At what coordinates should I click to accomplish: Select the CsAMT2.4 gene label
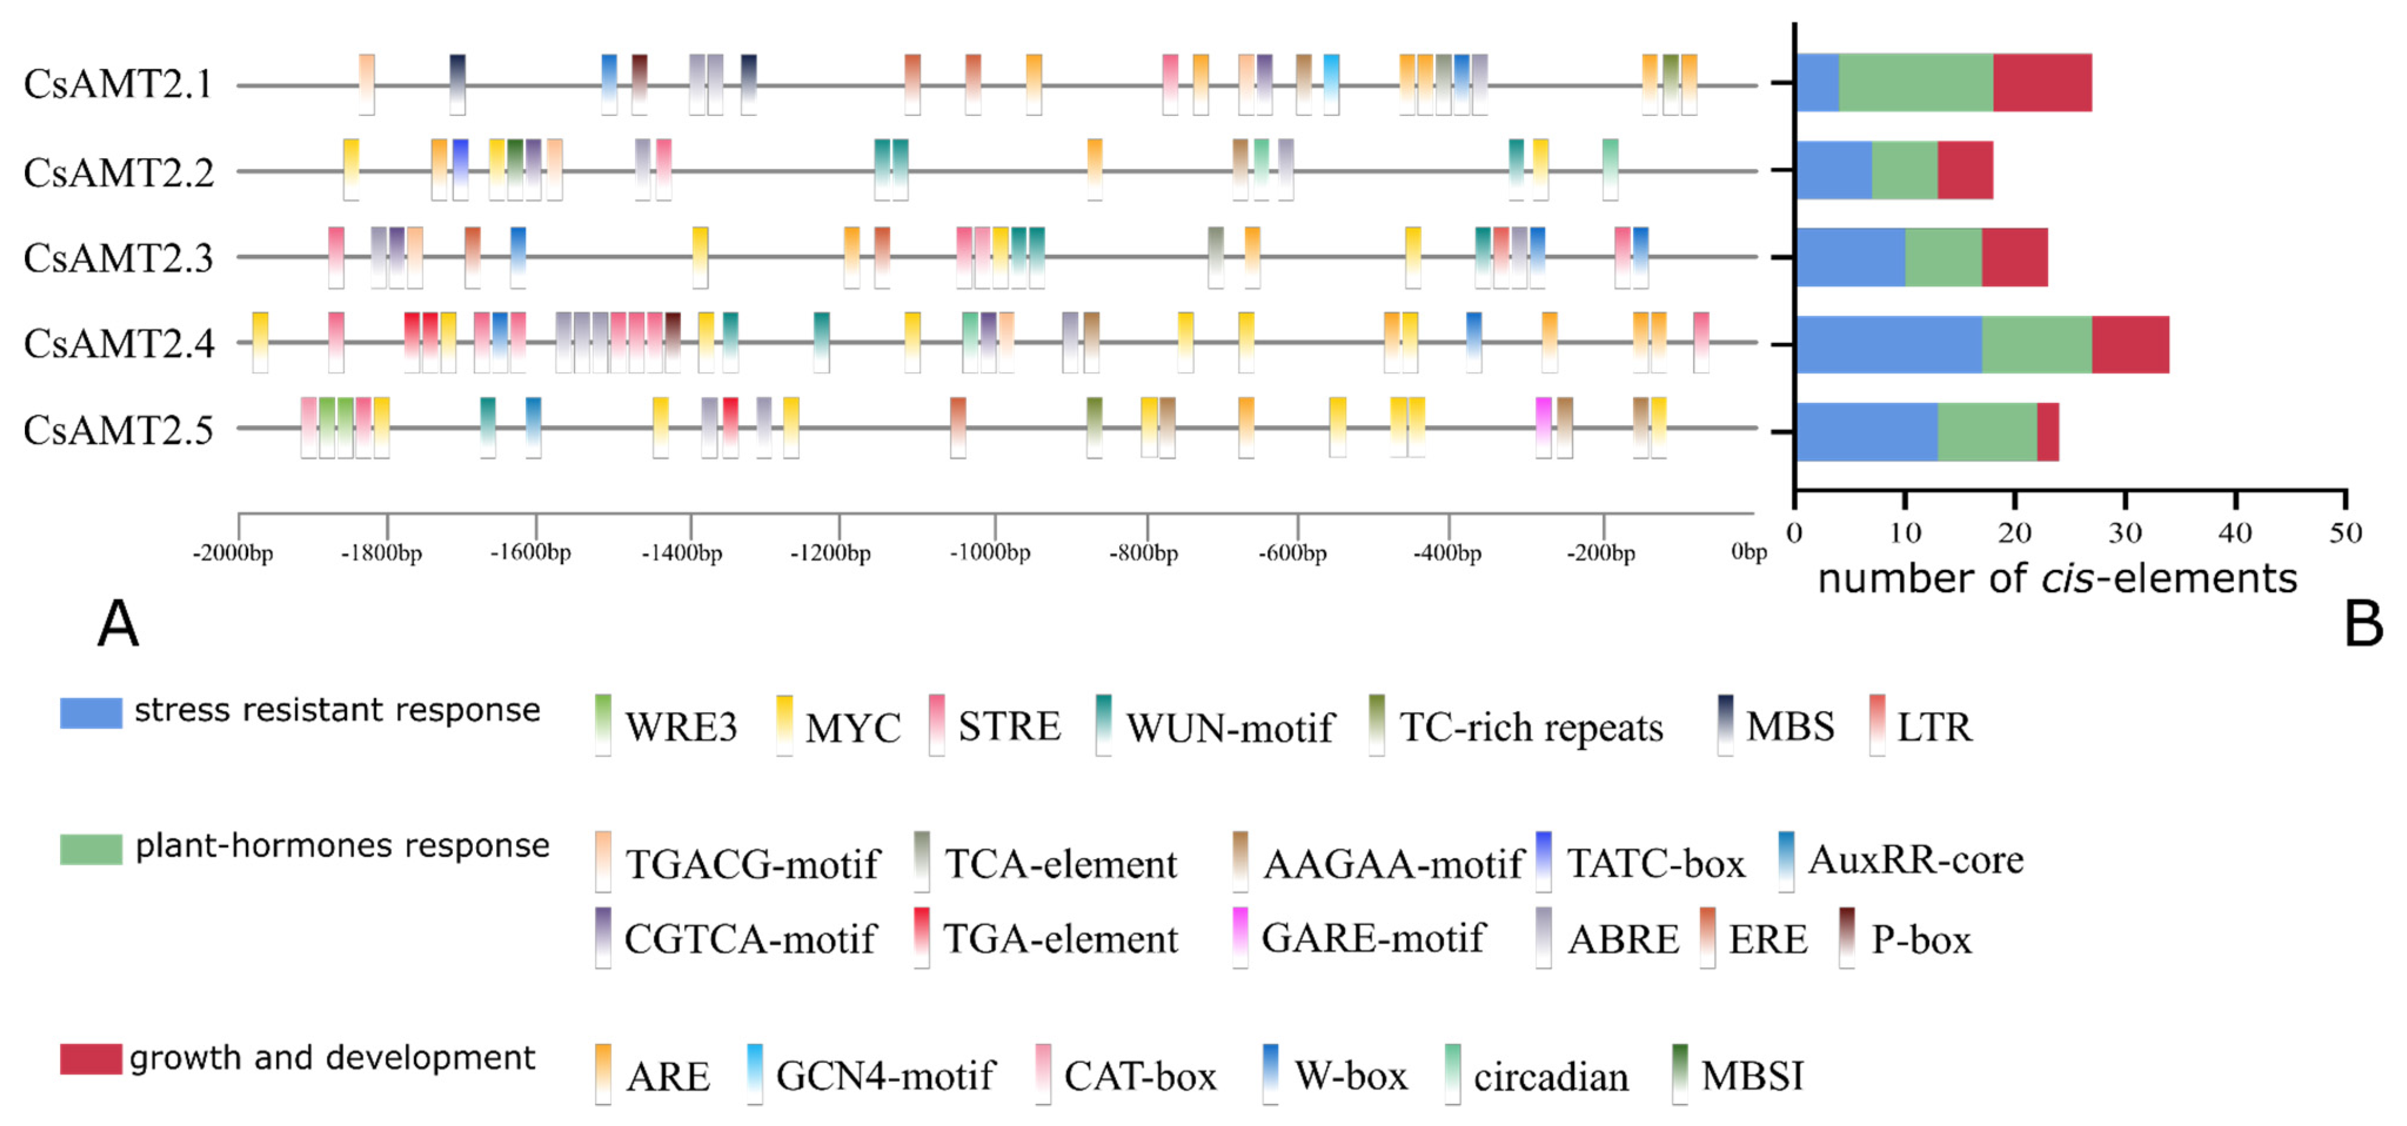pos(119,344)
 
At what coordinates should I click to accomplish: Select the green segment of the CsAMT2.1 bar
pos(1916,83)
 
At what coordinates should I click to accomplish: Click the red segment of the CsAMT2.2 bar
pos(1965,170)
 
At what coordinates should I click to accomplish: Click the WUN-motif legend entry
pos(1228,727)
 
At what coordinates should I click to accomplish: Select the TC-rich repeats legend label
pos(1531,727)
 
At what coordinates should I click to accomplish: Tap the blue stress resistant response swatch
pos(91,712)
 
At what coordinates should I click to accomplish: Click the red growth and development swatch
pos(91,1059)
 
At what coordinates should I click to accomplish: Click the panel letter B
pos(2363,623)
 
